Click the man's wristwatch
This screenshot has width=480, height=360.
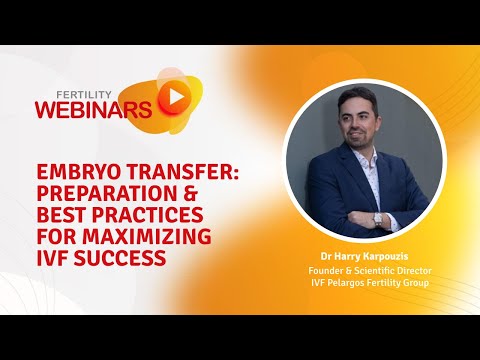click(377, 218)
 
